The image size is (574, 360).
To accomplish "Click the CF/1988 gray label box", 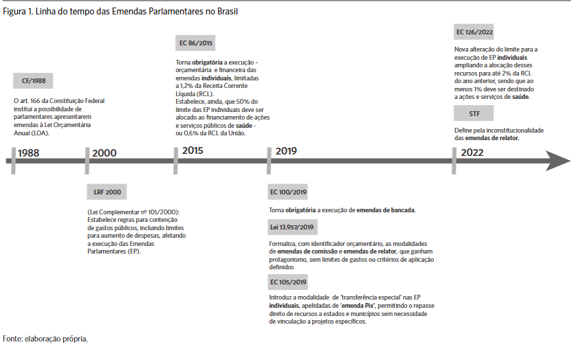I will click(x=32, y=81).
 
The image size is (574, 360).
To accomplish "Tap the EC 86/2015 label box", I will click(x=196, y=43).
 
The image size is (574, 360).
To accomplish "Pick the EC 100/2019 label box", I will click(x=289, y=192).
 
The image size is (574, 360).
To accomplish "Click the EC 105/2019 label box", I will click(x=289, y=282).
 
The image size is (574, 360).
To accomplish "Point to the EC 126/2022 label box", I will click(x=474, y=32).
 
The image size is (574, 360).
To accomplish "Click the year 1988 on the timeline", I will click(x=29, y=153).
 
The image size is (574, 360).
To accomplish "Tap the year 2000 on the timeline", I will click(x=104, y=153).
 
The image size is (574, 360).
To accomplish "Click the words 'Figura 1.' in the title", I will click(x=18, y=12).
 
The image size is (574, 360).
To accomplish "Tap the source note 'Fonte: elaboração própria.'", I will click(x=45, y=338).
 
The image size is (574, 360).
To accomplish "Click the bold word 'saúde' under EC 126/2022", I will click(x=520, y=98).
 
